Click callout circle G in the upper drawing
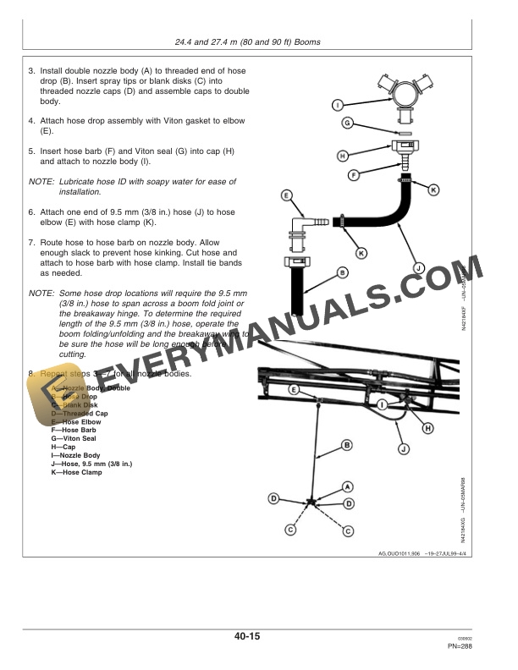[x=347, y=124]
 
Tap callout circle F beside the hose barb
[x=355, y=174]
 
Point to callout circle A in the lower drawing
[x=347, y=486]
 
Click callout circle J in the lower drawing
[x=404, y=448]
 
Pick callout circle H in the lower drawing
[x=427, y=428]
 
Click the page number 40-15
[x=259, y=636]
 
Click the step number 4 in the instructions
[x=31, y=121]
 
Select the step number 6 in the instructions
[x=31, y=211]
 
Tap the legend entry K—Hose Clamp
[x=78, y=473]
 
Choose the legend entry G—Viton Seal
[x=74, y=438]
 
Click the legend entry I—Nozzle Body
[x=77, y=455]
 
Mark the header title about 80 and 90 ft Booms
[x=259, y=42]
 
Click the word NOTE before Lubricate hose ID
[x=41, y=181]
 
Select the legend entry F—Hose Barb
[x=74, y=430]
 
